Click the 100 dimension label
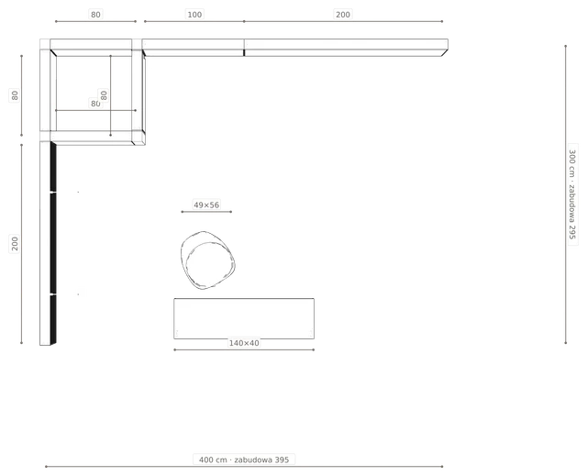coord(194,15)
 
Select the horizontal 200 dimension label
coord(343,15)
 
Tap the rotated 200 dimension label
coord(15,244)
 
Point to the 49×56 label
coord(206,205)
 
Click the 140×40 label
coord(244,343)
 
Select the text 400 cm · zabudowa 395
coord(244,459)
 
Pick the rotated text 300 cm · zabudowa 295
coord(571,194)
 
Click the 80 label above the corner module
coord(95,15)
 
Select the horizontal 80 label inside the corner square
coord(95,104)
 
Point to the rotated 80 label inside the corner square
coord(104,95)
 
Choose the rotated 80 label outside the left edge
coord(15,95)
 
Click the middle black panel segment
coord(53,243)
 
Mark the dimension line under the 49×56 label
coord(206,212)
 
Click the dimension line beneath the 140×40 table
coord(244,349)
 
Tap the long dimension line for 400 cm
coord(244,467)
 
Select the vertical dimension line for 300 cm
coord(566,194)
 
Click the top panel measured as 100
coord(194,48)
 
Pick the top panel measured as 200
coord(346,48)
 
